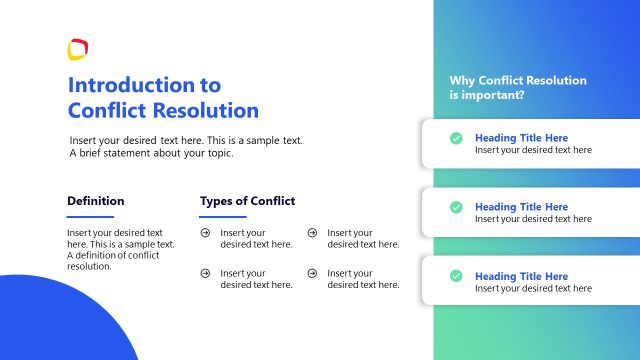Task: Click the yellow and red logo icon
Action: [78, 49]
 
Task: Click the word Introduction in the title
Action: [130, 85]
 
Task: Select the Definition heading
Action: [96, 201]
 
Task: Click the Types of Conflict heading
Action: [247, 201]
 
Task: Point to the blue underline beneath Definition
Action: [90, 216]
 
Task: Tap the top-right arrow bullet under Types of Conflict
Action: [312, 233]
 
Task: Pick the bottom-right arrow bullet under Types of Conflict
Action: [312, 273]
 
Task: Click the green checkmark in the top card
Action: [456, 138]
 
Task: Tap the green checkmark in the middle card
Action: [456, 207]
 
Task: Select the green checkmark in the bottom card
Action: [456, 276]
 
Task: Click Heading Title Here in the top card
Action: [521, 138]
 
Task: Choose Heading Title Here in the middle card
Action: [521, 207]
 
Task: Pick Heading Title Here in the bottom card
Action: [521, 276]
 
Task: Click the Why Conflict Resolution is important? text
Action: [517, 88]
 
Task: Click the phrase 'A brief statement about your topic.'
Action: [151, 154]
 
